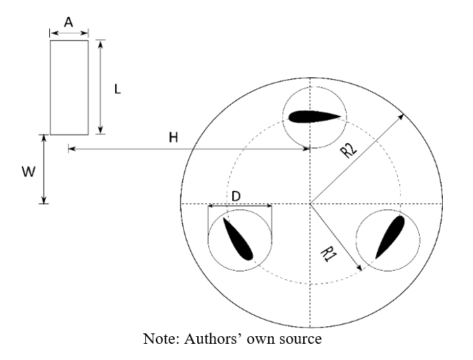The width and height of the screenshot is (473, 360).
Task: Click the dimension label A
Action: tap(69, 22)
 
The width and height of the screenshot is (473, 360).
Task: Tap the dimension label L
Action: tap(118, 89)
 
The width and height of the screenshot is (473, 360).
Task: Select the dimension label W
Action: tap(29, 172)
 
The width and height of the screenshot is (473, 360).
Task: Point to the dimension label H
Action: tap(173, 138)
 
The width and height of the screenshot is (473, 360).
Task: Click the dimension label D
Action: tap(236, 196)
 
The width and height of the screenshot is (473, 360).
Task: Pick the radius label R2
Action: tap(349, 149)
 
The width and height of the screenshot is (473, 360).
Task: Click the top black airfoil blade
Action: tap(314, 116)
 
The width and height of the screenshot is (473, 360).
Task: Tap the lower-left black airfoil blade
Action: tap(238, 239)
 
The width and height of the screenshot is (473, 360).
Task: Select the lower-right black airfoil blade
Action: tap(390, 237)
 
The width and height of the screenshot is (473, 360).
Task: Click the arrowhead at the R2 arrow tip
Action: tap(401, 116)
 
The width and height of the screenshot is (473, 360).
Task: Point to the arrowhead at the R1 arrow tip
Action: tap(359, 268)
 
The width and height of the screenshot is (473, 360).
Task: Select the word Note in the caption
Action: tap(161, 338)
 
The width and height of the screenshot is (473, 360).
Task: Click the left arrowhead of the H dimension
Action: tap(71, 149)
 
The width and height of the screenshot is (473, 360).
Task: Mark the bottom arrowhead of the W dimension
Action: tap(44, 201)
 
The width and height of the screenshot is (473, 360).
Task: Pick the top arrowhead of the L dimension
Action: tap(101, 44)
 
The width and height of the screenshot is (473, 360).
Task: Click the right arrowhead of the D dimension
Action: tap(269, 206)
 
